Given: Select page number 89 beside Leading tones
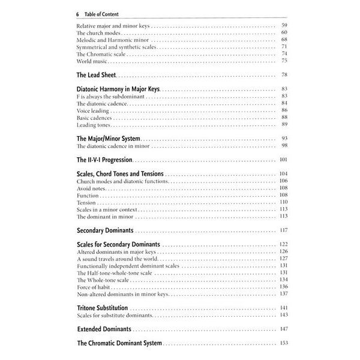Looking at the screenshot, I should (x=284, y=125).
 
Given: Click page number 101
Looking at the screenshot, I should (x=284, y=160).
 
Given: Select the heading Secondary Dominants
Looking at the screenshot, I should (x=106, y=230).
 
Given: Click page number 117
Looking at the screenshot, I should (x=284, y=230).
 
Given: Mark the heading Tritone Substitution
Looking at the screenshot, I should (x=103, y=308).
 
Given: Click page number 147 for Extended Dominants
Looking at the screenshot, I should (x=284, y=329).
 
